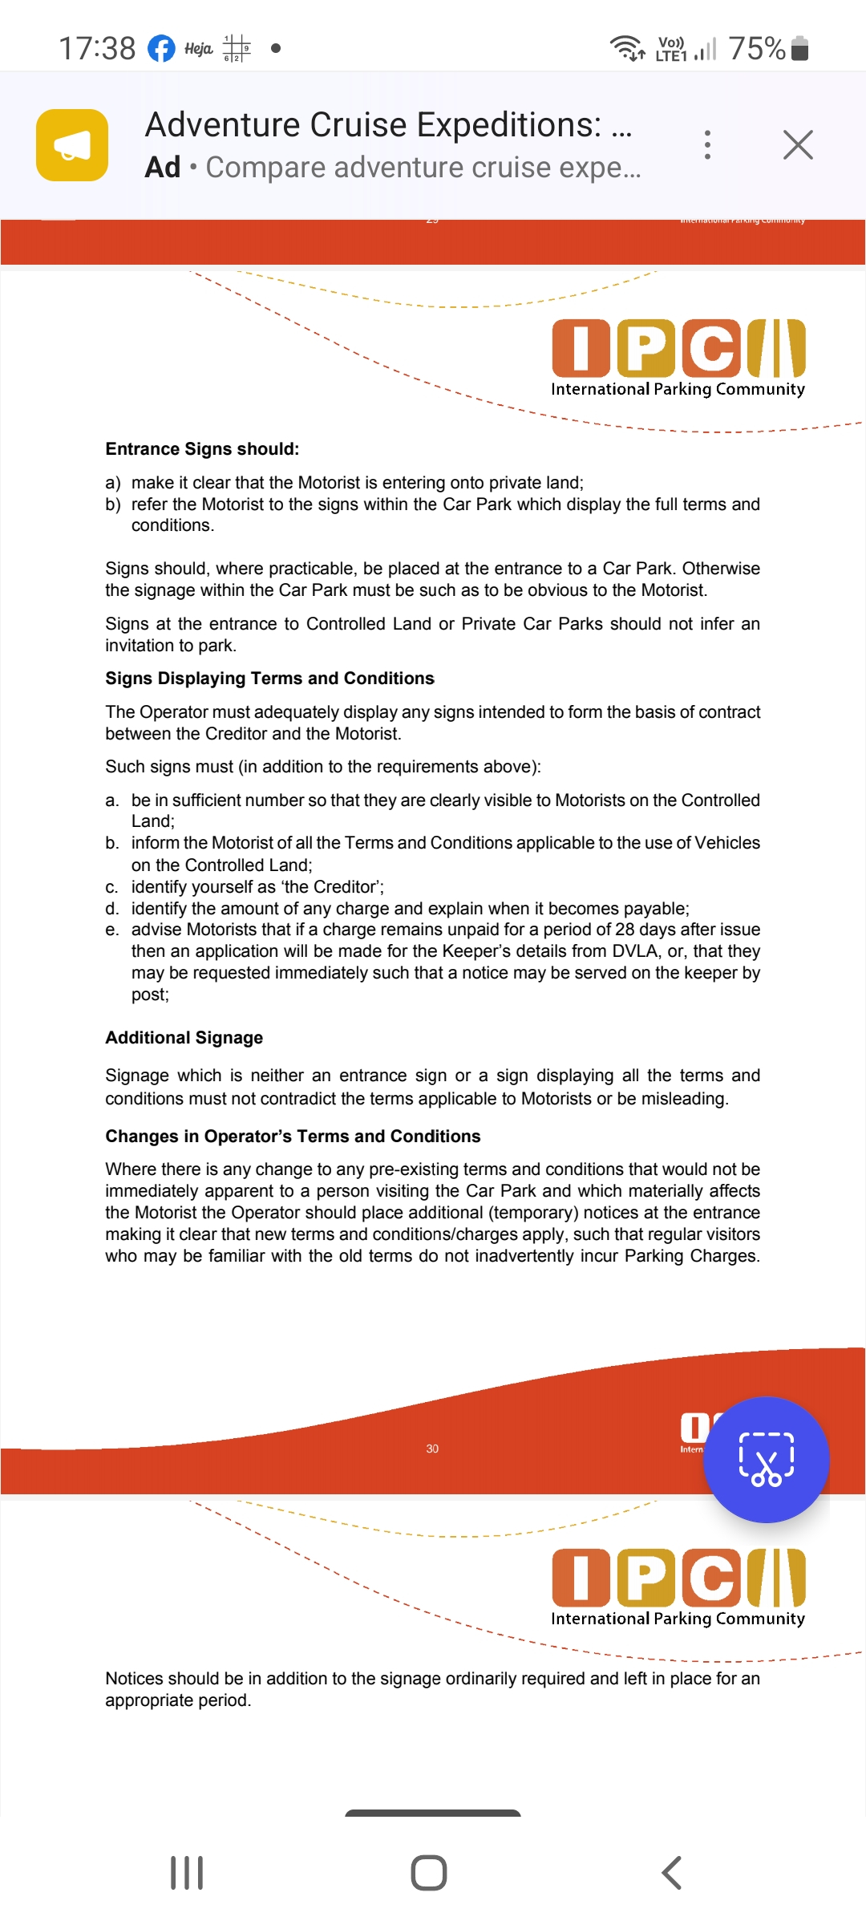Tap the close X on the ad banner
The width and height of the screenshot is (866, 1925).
pyautogui.click(x=798, y=145)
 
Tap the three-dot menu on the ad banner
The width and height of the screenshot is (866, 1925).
pyautogui.click(x=707, y=145)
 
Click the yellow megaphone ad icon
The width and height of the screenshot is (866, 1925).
pyautogui.click(x=72, y=145)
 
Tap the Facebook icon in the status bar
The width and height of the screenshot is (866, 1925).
pyautogui.click(x=161, y=48)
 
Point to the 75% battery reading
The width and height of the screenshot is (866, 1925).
pyautogui.click(x=756, y=48)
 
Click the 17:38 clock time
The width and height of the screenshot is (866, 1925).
pyautogui.click(x=97, y=48)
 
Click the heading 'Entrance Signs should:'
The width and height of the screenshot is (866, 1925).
pyautogui.click(x=202, y=449)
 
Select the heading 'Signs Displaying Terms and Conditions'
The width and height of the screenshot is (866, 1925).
pyautogui.click(x=269, y=679)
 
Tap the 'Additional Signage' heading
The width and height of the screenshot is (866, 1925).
pyautogui.click(x=184, y=1038)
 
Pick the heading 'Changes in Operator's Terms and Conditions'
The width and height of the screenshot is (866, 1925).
pyautogui.click(x=293, y=1137)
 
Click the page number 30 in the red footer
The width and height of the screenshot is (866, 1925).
pyautogui.click(x=432, y=1449)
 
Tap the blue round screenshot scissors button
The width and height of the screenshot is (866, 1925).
pyautogui.click(x=766, y=1460)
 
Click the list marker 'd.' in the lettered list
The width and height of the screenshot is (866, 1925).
pyautogui.click(x=112, y=909)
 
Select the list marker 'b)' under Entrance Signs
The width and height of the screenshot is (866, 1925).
pyautogui.click(x=113, y=505)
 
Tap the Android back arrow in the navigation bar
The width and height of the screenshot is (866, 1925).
pyautogui.click(x=672, y=1873)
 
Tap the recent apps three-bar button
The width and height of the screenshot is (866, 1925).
pyautogui.click(x=187, y=1873)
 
